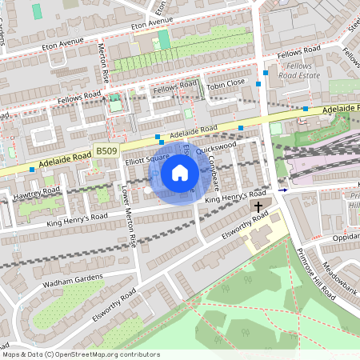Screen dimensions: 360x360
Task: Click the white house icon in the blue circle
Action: [180, 173]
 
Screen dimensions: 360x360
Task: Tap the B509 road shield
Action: [106, 150]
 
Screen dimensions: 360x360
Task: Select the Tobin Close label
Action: [225, 82]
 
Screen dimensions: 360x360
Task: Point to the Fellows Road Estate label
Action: [299, 70]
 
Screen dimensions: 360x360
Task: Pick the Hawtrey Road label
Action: [36, 191]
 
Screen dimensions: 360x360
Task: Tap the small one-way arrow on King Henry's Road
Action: [283, 190]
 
